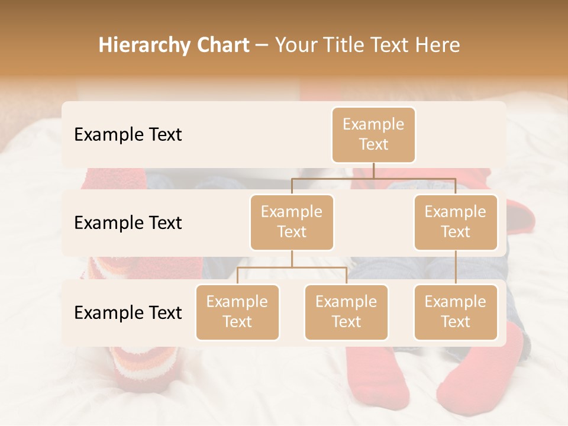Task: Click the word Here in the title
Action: pyautogui.click(x=437, y=46)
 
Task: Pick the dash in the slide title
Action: pyautogui.click(x=262, y=46)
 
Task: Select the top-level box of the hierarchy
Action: pyautogui.click(x=373, y=135)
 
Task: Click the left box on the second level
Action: pyautogui.click(x=292, y=222)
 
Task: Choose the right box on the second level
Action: pyautogui.click(x=456, y=222)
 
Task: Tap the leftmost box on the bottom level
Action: pyautogui.click(x=237, y=312)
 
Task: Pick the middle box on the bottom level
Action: pyautogui.click(x=346, y=312)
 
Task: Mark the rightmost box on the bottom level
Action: pyautogui.click(x=456, y=312)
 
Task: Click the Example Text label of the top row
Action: pyautogui.click(x=128, y=135)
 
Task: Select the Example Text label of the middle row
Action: pyautogui.click(x=128, y=223)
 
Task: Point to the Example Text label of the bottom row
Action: pyautogui.click(x=128, y=312)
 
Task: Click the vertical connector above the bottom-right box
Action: pyautogui.click(x=456, y=267)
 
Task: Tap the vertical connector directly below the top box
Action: pyautogui.click(x=373, y=170)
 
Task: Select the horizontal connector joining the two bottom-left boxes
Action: pyautogui.click(x=292, y=267)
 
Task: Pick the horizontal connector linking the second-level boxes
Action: pyautogui.click(x=373, y=178)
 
